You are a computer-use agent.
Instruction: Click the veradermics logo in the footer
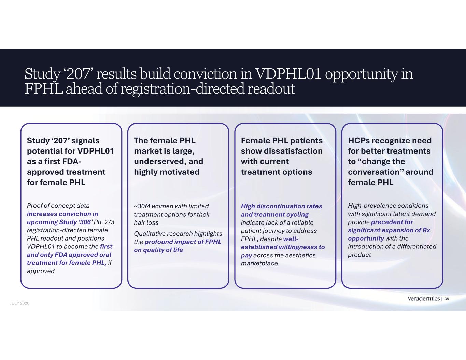(x=424, y=299)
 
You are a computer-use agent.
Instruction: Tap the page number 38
(x=447, y=299)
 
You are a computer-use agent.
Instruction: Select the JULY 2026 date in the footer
(x=20, y=303)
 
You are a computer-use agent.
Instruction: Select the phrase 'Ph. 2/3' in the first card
(x=104, y=222)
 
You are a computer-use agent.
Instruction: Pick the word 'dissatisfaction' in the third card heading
(x=293, y=151)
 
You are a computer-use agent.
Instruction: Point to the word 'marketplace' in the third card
(x=259, y=263)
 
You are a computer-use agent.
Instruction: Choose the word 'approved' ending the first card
(x=41, y=271)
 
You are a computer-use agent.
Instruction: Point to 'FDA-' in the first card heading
(x=71, y=161)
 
